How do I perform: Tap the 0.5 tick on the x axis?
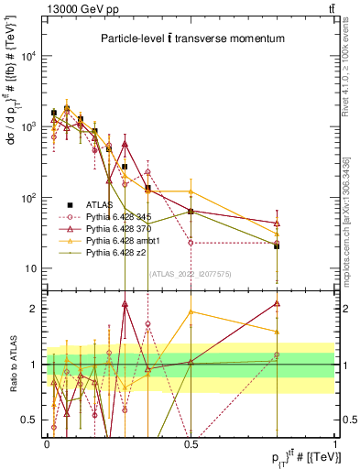191,442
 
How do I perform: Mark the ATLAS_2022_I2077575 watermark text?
191,272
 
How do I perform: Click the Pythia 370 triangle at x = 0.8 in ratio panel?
277,303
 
